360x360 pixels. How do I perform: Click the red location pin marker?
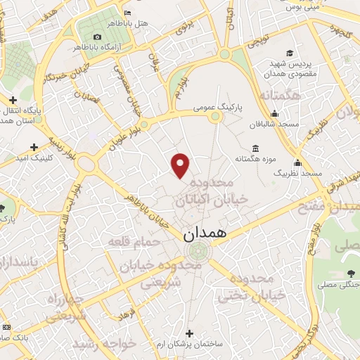point(181,165)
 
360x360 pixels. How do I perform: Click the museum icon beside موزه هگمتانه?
point(255,148)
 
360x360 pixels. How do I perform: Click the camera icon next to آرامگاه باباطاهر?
point(97,37)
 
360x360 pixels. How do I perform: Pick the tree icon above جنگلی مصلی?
point(350,274)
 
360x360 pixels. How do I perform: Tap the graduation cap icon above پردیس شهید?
point(289,53)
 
